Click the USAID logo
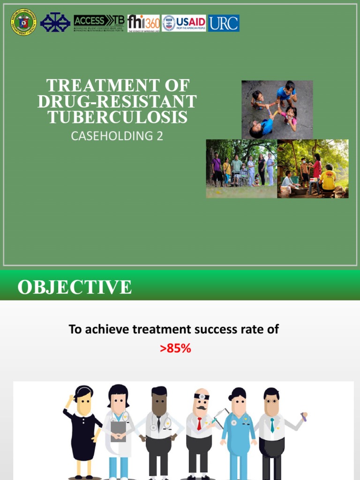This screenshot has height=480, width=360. point(184,23)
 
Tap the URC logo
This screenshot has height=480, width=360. point(224,23)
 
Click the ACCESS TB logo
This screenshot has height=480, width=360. point(99,22)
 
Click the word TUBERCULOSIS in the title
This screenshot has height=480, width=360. point(118,118)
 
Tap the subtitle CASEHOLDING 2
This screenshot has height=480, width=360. point(117,136)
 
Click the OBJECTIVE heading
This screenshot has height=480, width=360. point(75,287)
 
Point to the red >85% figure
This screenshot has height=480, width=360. point(175,349)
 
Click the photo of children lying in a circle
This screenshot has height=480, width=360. point(277,110)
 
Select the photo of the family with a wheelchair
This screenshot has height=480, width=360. point(241,169)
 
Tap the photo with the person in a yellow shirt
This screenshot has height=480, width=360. point(313,169)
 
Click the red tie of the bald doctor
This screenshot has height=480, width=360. point(199,423)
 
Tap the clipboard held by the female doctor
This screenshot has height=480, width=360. point(118,430)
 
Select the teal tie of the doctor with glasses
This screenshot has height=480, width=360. point(272,425)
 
